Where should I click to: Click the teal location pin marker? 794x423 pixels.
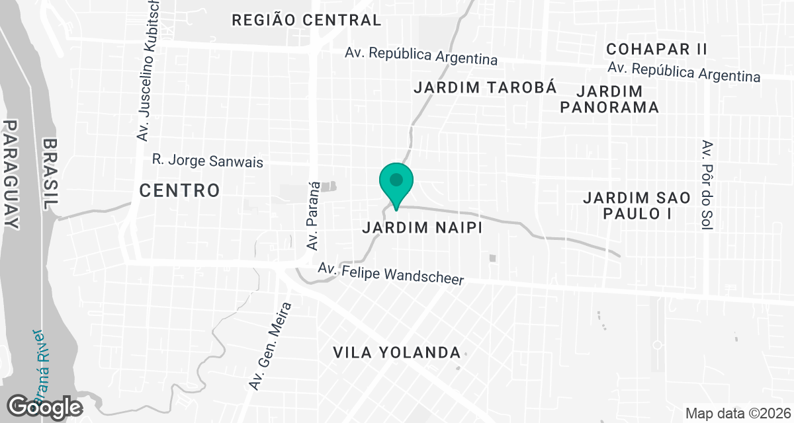tap(396, 182)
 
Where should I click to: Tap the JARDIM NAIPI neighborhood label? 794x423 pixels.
tap(420, 227)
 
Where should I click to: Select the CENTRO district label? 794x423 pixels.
tap(179, 191)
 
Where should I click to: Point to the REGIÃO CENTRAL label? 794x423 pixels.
tap(306, 20)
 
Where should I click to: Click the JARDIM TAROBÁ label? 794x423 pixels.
tap(484, 87)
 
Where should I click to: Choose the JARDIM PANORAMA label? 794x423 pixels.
tap(609, 98)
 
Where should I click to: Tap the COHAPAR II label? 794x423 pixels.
tap(656, 49)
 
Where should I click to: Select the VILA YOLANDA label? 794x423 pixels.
tap(397, 352)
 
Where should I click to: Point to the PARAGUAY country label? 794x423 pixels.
tap(11, 174)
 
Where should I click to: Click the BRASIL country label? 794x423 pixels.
tap(51, 174)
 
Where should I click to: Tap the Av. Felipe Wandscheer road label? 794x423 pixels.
tap(391, 274)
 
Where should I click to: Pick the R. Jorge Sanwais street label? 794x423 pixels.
tap(208, 160)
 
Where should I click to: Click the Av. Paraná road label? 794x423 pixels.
tap(314, 215)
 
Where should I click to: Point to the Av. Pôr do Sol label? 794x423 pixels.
tap(708, 185)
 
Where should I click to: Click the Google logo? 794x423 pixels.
tap(45, 406)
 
